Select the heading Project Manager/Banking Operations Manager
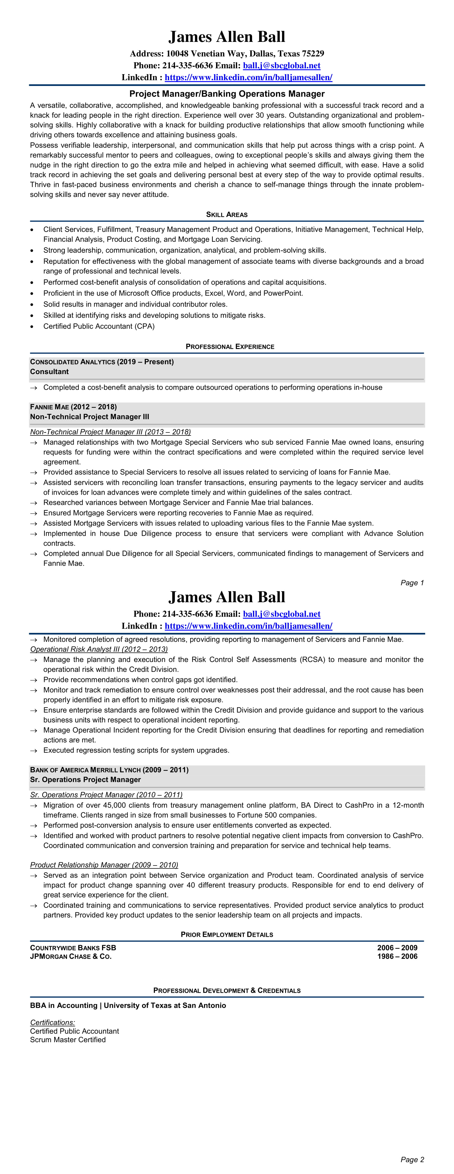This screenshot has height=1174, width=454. click(227, 94)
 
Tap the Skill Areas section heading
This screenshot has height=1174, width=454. click(227, 215)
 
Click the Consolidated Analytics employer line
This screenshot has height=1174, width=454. click(102, 362)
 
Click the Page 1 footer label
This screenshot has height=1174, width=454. click(412, 583)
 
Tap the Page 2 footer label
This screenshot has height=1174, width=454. click(412, 1159)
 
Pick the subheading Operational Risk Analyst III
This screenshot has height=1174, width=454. click(99, 649)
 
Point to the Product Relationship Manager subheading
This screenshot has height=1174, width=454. click(104, 865)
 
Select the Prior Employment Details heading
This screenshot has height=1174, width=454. click(227, 935)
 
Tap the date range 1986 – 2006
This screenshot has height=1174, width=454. click(397, 957)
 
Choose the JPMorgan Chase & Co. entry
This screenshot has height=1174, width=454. click(71, 957)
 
